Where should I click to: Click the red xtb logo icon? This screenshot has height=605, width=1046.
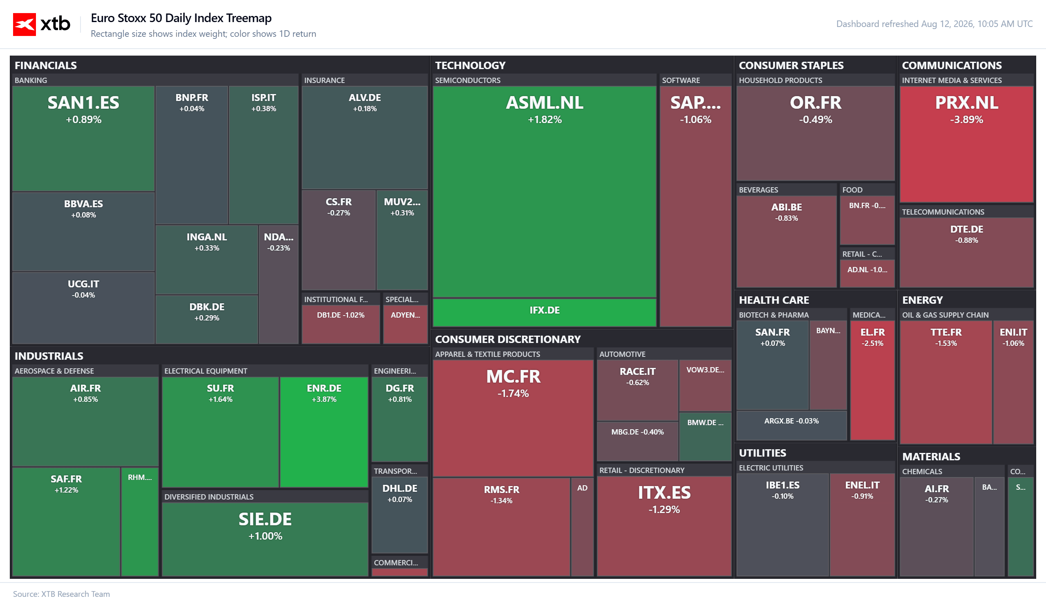point(24,24)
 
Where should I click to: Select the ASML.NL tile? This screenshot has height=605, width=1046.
point(544,191)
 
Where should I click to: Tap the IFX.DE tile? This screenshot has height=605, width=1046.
point(544,313)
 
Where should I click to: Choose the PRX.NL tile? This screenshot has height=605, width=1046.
point(966,144)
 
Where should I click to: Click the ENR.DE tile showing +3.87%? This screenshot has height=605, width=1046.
point(324,432)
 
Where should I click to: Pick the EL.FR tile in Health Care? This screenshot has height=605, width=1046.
point(872,380)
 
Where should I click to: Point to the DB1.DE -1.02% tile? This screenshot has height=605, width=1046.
point(340,324)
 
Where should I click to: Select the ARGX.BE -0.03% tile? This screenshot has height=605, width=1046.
point(791,425)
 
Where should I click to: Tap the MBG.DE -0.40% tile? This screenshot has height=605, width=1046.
point(637,441)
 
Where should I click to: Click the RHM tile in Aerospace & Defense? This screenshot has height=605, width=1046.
point(139,522)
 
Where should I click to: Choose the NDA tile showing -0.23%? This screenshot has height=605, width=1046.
point(279,285)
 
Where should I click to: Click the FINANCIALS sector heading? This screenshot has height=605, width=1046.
point(46,65)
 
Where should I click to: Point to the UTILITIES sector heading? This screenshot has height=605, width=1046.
point(762,453)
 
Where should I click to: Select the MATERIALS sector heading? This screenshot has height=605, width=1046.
point(931,456)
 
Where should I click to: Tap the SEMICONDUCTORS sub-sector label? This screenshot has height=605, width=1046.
point(467,80)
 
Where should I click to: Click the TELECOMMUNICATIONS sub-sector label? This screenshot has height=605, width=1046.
point(943,212)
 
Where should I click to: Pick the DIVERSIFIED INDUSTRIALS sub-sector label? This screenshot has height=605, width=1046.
point(209,497)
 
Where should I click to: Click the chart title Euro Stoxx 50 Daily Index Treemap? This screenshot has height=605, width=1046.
point(181,18)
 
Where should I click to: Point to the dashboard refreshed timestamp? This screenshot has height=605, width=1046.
point(934,24)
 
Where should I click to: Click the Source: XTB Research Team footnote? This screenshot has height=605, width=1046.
point(61,594)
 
